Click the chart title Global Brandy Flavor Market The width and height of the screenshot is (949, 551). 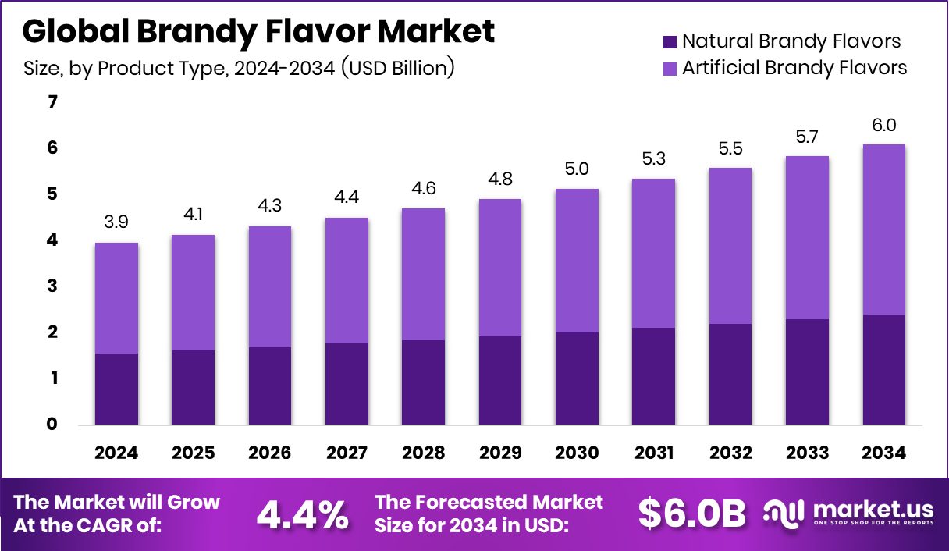258,31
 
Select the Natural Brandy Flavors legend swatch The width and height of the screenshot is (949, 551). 669,41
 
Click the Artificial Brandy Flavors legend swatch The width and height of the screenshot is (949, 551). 669,68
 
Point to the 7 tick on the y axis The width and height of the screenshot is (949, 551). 52,102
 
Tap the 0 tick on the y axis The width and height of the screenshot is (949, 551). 52,425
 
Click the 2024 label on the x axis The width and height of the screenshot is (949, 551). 116,453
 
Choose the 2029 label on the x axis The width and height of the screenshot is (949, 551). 500,453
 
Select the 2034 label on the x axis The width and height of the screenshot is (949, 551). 884,453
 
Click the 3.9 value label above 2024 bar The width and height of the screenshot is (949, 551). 116,223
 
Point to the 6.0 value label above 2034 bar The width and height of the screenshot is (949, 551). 884,125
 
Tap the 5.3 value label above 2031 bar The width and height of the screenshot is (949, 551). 654,159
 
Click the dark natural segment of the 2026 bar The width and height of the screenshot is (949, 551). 270,386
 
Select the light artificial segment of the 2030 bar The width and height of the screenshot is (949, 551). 577,261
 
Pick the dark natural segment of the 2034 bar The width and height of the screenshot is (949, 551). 884,369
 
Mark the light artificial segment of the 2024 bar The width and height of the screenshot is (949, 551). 116,298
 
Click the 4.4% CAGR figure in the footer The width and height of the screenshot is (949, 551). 302,514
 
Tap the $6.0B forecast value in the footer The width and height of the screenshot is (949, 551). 691,513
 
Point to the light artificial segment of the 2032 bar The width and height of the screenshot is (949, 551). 730,246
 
